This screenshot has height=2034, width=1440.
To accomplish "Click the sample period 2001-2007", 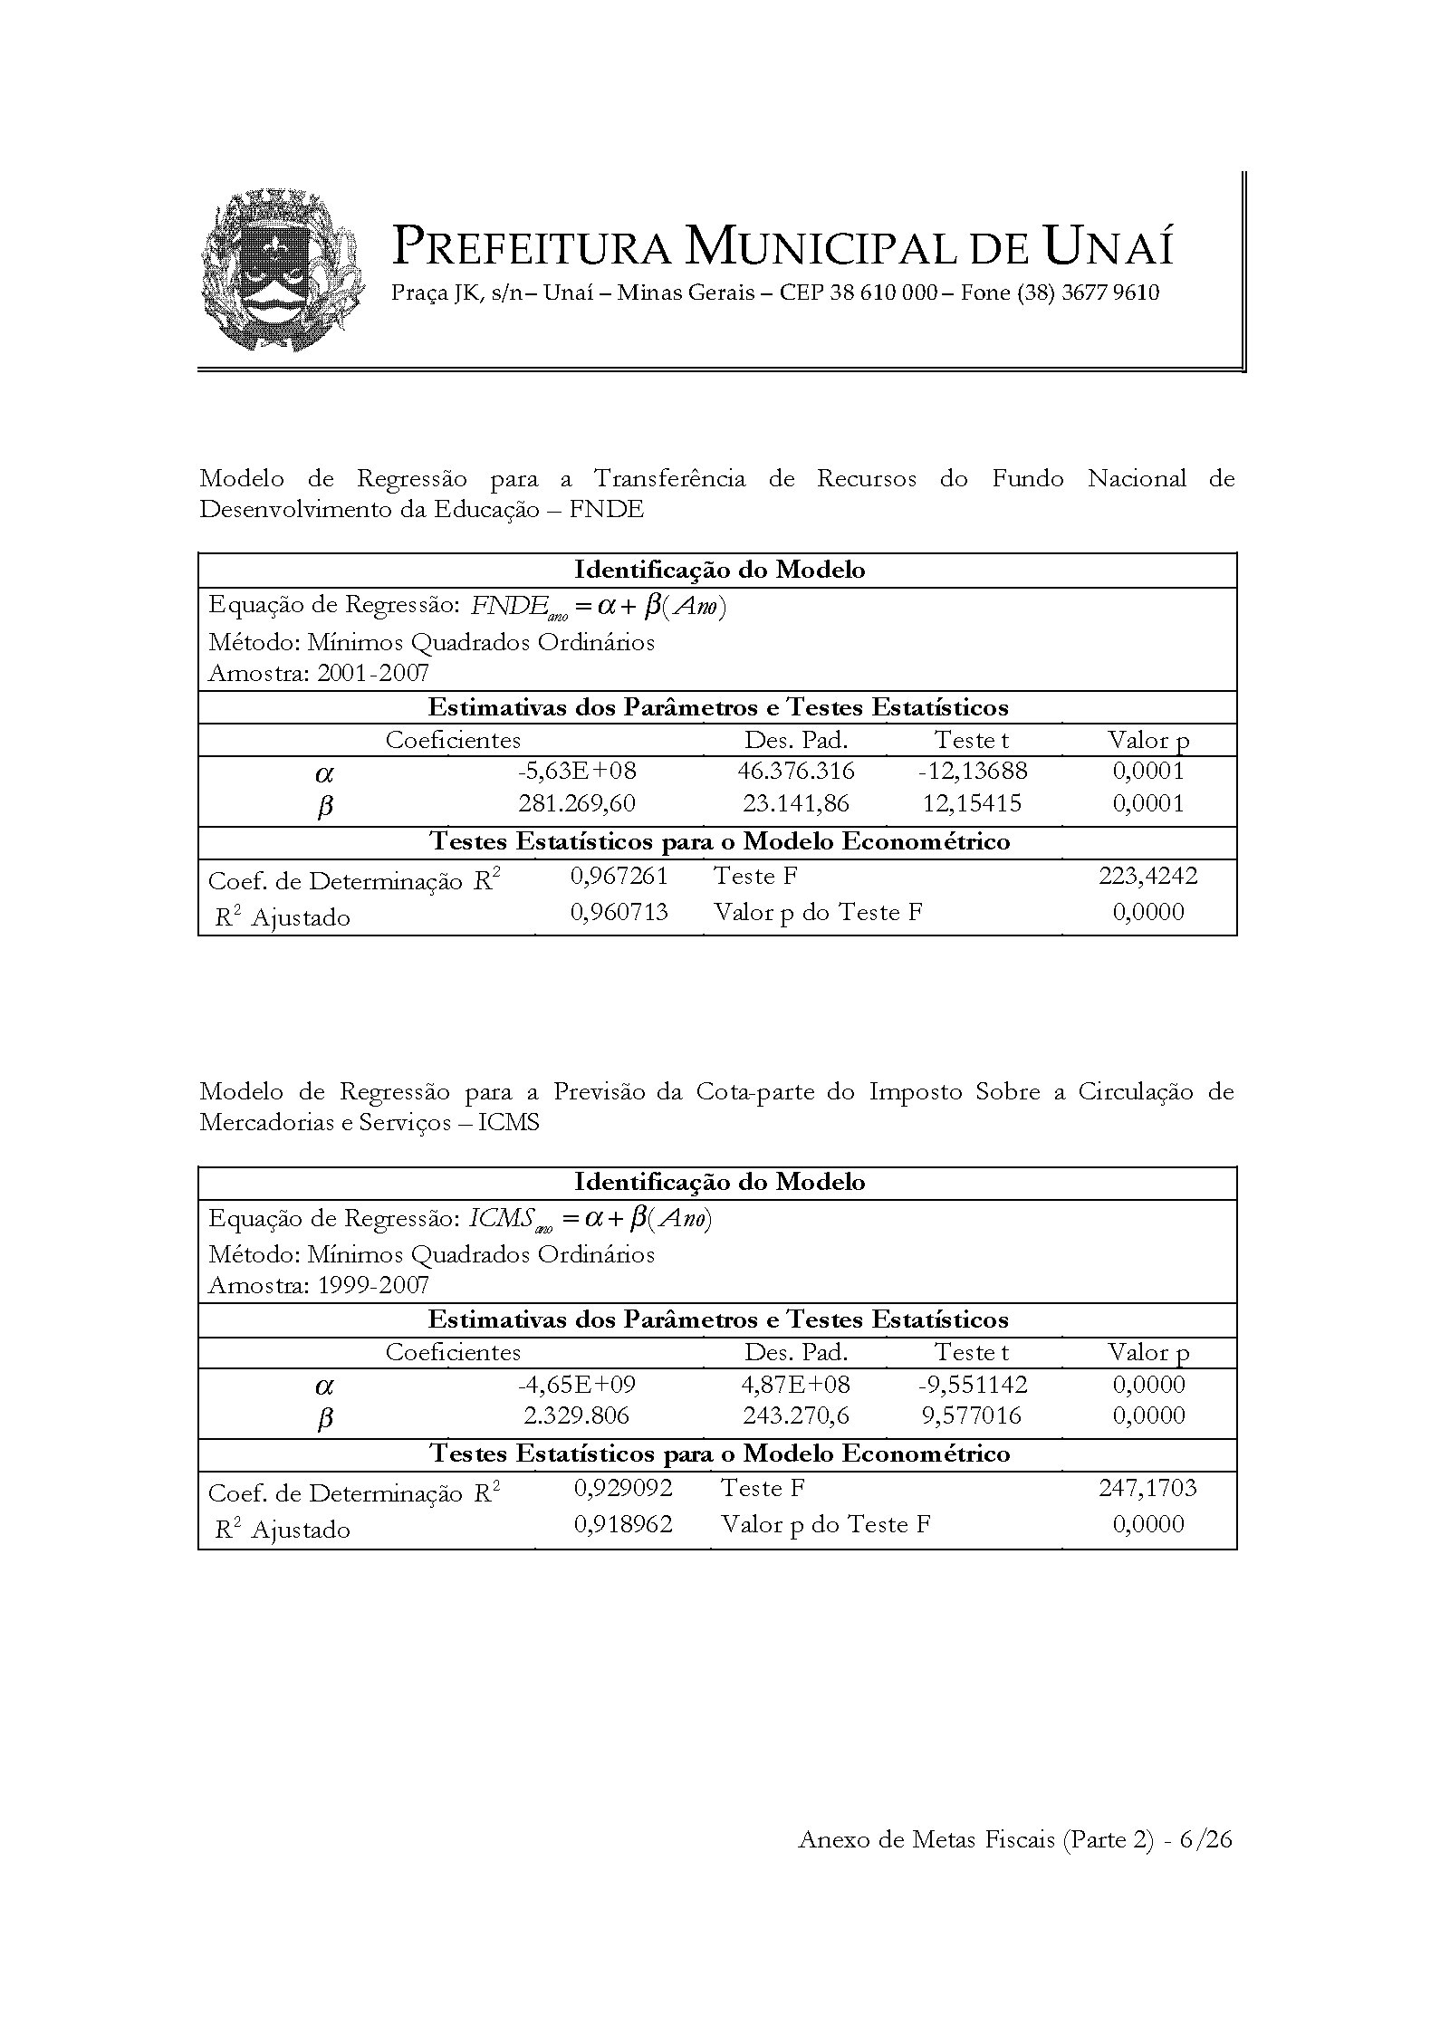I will click(x=373, y=674).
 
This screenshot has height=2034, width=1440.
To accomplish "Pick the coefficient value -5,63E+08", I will click(x=577, y=772).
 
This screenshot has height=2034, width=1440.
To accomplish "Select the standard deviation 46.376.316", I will click(x=796, y=772).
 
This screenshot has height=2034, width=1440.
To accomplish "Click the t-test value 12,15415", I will click(x=972, y=804).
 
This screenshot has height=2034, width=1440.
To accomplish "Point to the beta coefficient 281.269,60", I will click(x=577, y=804).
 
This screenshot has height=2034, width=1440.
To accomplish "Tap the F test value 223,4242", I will click(x=1147, y=876).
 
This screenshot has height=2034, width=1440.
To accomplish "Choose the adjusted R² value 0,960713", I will click(x=619, y=912).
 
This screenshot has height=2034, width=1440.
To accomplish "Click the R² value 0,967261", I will click(x=619, y=876).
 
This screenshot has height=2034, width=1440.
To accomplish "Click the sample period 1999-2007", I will click(x=373, y=1286).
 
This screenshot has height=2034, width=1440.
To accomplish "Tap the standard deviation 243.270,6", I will click(x=796, y=1416).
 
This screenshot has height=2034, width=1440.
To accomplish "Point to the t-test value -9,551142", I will click(x=972, y=1385).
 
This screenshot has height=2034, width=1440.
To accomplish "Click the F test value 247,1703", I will click(x=1147, y=1488).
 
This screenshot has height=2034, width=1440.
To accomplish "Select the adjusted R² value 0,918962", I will click(x=623, y=1524).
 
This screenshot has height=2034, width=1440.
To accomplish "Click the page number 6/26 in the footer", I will click(x=1206, y=1840).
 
